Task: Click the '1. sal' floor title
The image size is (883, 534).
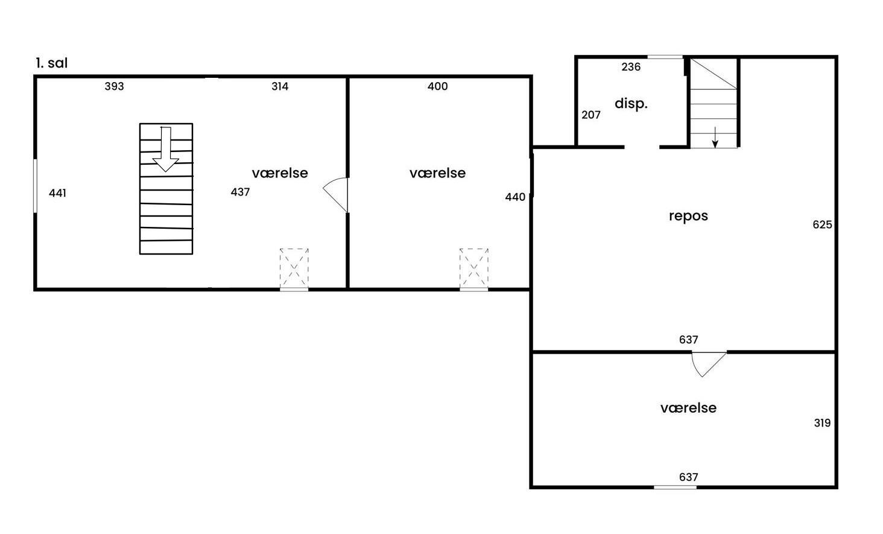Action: point(52,63)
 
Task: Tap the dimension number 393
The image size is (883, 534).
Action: point(115,86)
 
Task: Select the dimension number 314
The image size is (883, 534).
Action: point(280,86)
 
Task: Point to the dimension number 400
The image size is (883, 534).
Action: point(437,86)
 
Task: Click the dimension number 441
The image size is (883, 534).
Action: point(57,193)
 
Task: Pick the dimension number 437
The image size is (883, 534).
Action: point(240,192)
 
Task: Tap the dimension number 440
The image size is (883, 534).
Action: point(515,197)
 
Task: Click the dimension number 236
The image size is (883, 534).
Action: point(631,67)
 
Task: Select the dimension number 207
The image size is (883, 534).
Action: point(591,115)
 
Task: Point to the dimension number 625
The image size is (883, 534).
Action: point(822,225)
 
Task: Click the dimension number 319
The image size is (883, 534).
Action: point(822,423)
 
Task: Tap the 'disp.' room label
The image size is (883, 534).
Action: point(631,104)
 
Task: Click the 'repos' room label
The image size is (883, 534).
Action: point(688,216)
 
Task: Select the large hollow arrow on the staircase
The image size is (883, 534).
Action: point(166,150)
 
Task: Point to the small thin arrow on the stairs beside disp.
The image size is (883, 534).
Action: point(715,137)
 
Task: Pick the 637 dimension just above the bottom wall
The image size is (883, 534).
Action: point(688,477)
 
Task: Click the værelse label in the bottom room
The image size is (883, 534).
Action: point(688,408)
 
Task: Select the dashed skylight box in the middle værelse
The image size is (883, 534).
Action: point(474,268)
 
